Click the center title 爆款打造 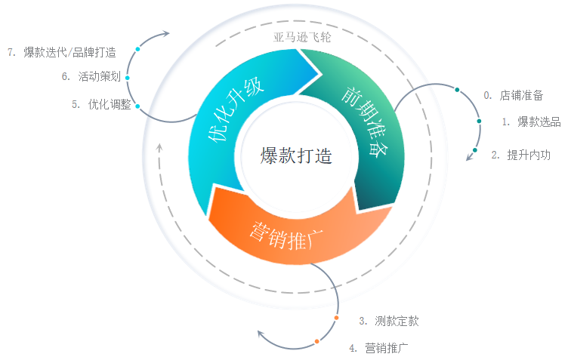[296, 155]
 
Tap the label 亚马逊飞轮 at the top [302, 36]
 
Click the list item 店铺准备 [521, 95]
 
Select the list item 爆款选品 [539, 122]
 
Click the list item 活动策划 [100, 76]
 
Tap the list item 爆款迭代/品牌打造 [69, 52]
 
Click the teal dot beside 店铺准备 [457, 90]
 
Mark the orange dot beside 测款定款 [337, 318]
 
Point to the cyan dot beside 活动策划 [128, 78]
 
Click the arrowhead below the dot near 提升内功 [468, 157]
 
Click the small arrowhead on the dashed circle [159, 146]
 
